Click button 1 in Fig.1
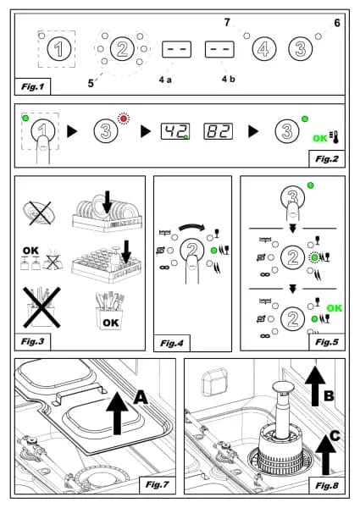tap(58, 49)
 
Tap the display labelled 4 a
tap(176, 49)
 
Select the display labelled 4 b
tap(219, 49)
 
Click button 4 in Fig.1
tap(264, 49)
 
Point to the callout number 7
tap(227, 22)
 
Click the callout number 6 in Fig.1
tap(337, 23)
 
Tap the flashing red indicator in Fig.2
tap(123, 119)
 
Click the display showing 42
tap(175, 131)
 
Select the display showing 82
tap(218, 131)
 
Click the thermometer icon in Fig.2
tap(334, 137)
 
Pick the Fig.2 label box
tap(327, 159)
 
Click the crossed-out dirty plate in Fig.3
tap(37, 213)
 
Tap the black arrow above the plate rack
tap(108, 202)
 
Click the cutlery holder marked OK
tap(109, 311)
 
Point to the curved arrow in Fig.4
tap(191, 227)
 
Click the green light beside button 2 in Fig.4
tap(213, 250)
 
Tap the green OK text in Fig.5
tap(334, 308)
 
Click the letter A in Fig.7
tap(141, 397)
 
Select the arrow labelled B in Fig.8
tap(315, 385)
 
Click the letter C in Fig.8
tap(335, 436)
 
